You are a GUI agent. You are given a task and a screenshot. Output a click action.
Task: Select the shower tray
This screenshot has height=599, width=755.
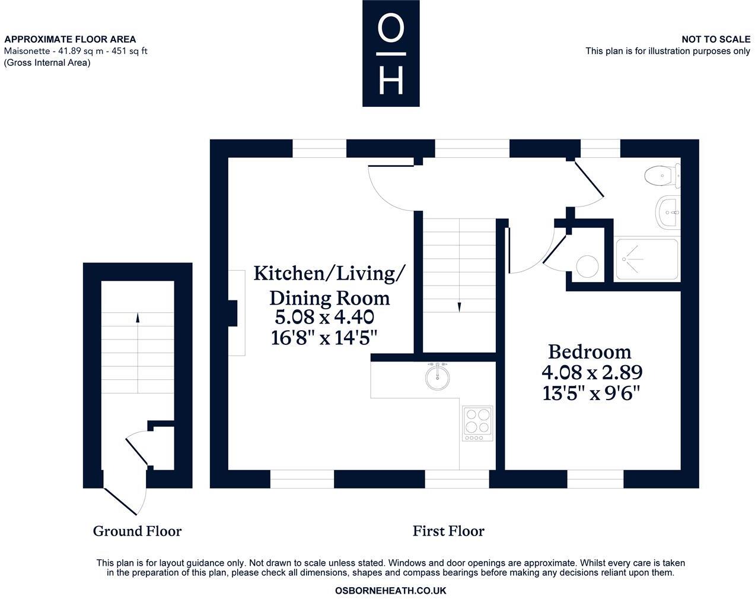(x=647, y=259)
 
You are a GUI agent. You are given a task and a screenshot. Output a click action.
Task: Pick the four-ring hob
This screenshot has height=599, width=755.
(x=477, y=423)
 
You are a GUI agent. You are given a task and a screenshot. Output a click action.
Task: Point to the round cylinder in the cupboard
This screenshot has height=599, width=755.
(x=587, y=267)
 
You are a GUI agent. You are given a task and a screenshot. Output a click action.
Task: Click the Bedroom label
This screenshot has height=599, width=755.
(x=590, y=351)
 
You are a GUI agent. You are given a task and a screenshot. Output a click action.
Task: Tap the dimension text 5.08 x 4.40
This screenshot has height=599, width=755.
(x=324, y=317)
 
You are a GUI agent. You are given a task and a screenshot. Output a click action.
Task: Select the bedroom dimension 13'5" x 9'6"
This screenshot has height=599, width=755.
(x=591, y=393)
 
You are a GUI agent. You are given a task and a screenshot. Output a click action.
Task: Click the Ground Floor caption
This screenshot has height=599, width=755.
(x=137, y=531)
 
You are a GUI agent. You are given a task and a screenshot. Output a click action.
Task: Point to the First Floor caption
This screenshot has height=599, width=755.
(x=448, y=531)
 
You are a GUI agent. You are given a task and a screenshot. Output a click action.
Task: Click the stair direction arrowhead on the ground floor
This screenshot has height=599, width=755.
(x=138, y=318)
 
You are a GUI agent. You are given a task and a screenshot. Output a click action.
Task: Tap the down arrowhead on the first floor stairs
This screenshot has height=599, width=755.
(x=459, y=307)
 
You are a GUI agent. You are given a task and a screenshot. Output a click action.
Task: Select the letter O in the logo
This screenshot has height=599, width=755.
(x=390, y=28)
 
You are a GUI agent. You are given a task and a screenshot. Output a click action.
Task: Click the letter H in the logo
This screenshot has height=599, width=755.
(x=391, y=81)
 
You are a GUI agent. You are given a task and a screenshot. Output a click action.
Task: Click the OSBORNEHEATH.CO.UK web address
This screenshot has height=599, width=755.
(x=390, y=591)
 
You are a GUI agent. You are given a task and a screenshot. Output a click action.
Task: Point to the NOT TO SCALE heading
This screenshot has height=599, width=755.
(x=716, y=39)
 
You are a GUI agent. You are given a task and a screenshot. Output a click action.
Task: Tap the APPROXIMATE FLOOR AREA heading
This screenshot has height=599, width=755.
(x=70, y=39)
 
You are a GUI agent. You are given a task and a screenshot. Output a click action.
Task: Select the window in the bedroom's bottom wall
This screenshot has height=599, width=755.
(x=595, y=479)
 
